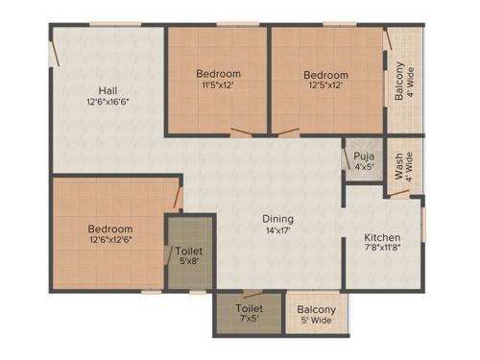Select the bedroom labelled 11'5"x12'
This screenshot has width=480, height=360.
(x=218, y=79)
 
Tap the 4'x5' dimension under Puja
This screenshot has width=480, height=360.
(x=363, y=168)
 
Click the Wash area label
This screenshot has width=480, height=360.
(x=398, y=165)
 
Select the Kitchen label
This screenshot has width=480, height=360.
(x=382, y=237)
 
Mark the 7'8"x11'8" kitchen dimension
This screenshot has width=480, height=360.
(x=382, y=250)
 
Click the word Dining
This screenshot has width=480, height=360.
(x=278, y=218)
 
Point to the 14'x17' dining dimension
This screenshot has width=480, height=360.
(x=278, y=230)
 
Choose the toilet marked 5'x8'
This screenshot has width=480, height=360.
(x=189, y=254)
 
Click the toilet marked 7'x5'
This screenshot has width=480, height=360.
(x=249, y=314)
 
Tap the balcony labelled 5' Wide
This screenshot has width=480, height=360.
(x=317, y=314)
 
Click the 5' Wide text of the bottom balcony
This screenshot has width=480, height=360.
(x=317, y=322)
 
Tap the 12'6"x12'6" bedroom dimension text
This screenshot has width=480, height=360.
(x=110, y=242)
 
